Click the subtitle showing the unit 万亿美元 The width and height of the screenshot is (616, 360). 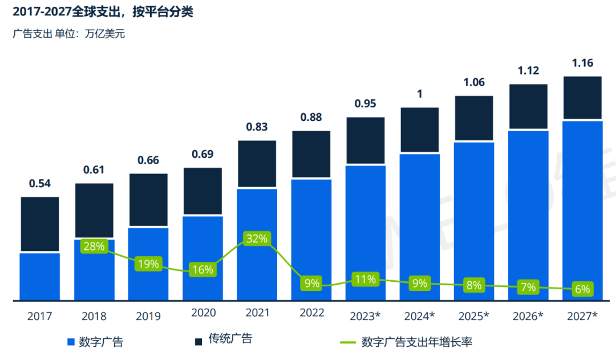68,34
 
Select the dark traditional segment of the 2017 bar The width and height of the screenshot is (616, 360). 40,224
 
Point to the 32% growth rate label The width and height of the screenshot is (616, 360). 256,238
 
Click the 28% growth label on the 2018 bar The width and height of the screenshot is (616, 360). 94,246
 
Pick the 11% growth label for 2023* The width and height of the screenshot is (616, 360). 364,279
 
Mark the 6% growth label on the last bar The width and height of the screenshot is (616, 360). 582,289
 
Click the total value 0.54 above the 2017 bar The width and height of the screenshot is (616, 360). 40,184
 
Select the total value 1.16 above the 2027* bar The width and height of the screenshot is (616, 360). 582,63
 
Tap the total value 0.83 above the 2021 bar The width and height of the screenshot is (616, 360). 257,127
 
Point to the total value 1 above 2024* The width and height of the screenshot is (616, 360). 420,94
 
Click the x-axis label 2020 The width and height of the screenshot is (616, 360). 202,313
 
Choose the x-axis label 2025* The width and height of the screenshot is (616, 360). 474,315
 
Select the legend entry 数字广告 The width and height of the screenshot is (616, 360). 95,342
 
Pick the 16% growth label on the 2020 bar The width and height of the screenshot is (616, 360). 202,270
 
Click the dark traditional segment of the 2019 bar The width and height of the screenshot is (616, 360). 148,200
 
